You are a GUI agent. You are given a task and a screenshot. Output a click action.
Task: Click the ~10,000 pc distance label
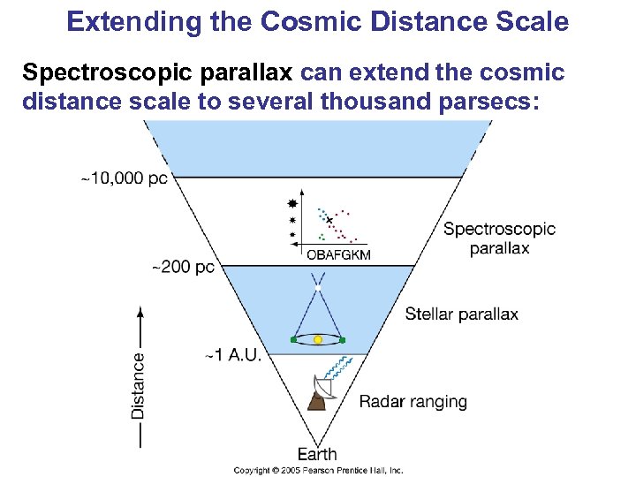(x=124, y=178)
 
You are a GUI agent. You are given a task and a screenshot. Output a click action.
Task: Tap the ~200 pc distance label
(x=184, y=266)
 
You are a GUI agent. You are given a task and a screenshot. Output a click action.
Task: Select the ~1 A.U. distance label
(x=233, y=354)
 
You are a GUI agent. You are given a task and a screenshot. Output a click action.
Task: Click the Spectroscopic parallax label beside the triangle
(x=499, y=238)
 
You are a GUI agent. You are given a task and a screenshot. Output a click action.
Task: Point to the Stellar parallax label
(x=461, y=314)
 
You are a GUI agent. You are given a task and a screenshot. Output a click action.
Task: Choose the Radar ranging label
(x=413, y=402)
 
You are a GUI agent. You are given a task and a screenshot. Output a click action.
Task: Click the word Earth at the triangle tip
(x=316, y=454)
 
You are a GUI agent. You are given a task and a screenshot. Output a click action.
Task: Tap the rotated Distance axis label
(x=139, y=385)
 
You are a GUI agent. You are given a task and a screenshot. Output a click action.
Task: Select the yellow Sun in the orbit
(x=318, y=339)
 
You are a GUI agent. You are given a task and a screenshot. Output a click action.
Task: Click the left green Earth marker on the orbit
(x=292, y=339)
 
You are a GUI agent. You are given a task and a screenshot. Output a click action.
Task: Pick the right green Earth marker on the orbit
(x=343, y=339)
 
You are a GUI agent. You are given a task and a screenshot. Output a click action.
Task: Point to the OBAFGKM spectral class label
(x=338, y=254)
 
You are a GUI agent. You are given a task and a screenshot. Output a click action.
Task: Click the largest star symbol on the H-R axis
(x=293, y=203)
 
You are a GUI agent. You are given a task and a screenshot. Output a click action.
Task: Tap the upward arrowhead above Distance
(x=139, y=311)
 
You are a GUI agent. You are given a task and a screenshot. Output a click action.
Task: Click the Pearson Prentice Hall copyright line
(x=318, y=471)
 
